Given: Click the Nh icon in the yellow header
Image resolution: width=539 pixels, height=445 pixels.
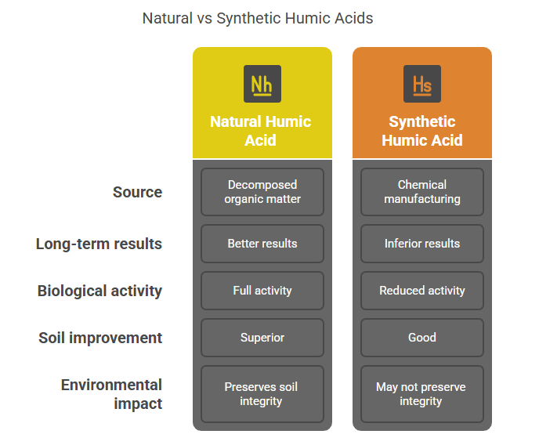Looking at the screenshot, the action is [x=262, y=84].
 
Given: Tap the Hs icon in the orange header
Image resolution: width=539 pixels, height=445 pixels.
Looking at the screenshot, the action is [x=422, y=84].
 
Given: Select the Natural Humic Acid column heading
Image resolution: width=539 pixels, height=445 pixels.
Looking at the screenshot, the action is [x=261, y=131].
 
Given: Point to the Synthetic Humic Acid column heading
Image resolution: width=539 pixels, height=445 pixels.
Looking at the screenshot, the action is [x=422, y=131].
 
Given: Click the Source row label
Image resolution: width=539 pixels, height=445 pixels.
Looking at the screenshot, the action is [x=138, y=192].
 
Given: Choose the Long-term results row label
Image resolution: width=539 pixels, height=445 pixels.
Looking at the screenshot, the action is [x=99, y=244].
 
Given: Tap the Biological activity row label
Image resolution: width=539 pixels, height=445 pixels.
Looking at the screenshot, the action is [x=99, y=291].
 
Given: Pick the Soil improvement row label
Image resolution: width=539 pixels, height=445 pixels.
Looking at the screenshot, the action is [x=100, y=338].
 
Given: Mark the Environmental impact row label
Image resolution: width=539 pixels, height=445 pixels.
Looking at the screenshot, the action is [x=111, y=394].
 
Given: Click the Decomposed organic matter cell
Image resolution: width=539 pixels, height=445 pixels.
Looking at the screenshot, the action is [x=262, y=192].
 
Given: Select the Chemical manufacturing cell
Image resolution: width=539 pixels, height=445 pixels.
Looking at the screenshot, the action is [x=422, y=192].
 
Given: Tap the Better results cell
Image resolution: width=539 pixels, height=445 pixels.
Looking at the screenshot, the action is [x=262, y=244].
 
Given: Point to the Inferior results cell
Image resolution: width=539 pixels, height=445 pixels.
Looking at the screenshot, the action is [x=422, y=244].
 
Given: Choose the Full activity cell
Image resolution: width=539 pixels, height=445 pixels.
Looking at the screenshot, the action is [x=262, y=291].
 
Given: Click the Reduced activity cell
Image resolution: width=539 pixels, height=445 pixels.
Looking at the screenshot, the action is [x=422, y=291].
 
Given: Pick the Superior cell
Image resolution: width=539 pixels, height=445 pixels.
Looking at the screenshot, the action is [x=262, y=338].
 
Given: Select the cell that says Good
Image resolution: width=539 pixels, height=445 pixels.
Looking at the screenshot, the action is [x=422, y=338].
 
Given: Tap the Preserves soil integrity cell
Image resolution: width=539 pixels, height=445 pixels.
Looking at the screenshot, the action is [x=262, y=394].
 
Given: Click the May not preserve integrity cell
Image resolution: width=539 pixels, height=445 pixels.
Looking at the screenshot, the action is [x=422, y=394].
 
